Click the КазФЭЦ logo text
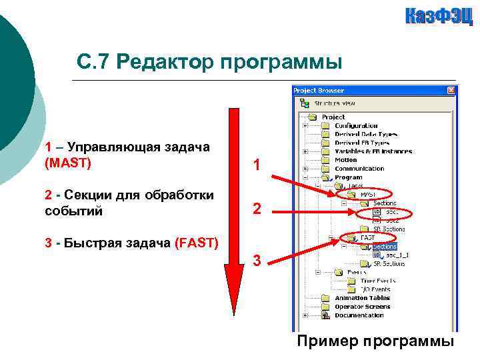(x=438, y=16)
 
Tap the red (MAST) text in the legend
(x=67, y=162)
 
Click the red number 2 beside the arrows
(x=257, y=210)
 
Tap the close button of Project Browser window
(x=451, y=91)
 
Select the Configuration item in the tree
(x=355, y=125)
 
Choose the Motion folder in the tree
(x=345, y=160)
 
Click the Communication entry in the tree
(x=359, y=169)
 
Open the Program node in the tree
(x=348, y=177)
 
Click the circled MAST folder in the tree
(x=367, y=195)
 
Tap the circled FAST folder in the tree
(x=367, y=237)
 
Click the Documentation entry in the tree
(x=359, y=315)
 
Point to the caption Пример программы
(x=375, y=341)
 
